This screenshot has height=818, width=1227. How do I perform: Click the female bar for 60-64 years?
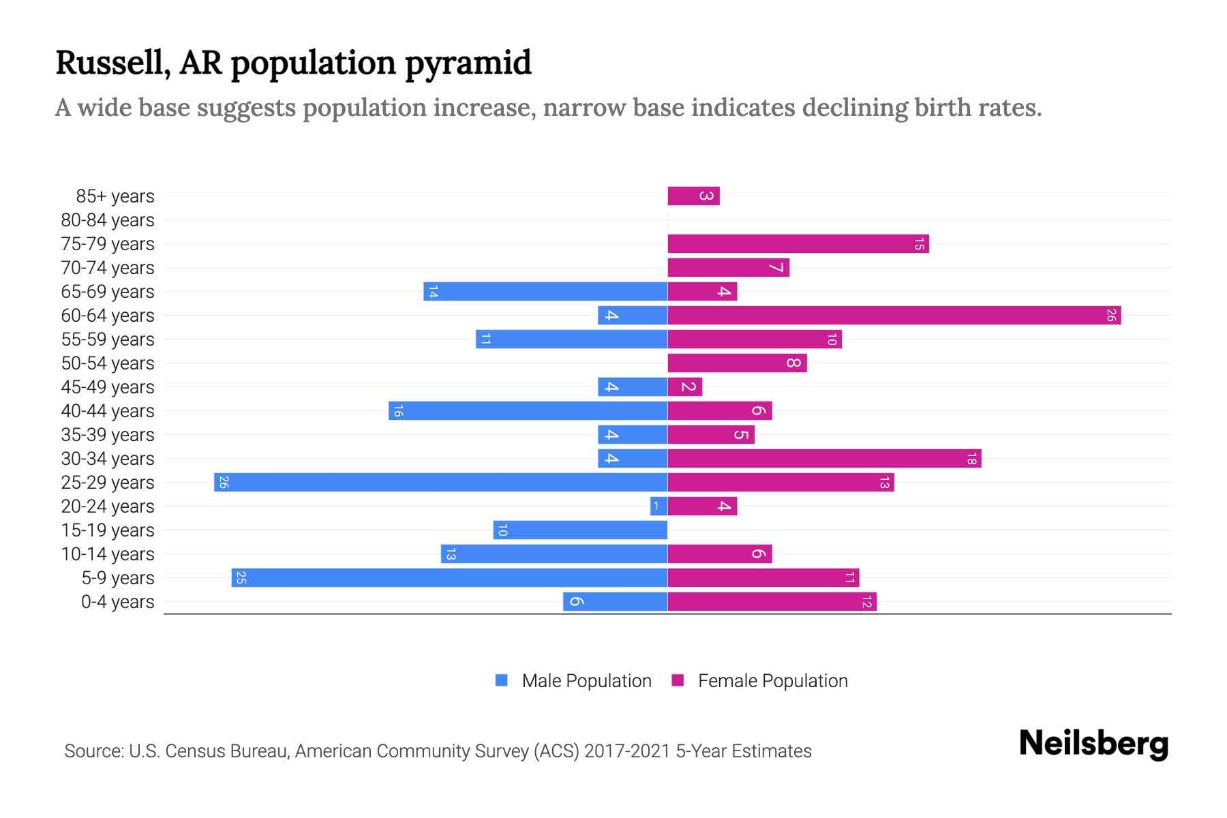point(894,316)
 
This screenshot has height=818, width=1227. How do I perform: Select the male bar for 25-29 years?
point(440,483)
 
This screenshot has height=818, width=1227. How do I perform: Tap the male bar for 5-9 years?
point(449,578)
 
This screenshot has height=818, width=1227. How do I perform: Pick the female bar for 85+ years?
point(693,196)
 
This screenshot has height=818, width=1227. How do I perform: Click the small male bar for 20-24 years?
point(658,506)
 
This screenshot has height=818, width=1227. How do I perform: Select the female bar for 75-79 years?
point(798,244)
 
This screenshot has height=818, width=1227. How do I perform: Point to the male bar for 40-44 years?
point(528,411)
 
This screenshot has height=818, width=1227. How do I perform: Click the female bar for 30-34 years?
point(823,459)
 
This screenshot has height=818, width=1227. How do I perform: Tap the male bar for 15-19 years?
point(580,530)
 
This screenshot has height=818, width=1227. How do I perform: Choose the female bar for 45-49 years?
point(684,387)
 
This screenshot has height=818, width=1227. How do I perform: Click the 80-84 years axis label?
point(108,220)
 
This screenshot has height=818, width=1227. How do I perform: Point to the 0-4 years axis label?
point(117,602)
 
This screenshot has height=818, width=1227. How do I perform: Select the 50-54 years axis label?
point(108,363)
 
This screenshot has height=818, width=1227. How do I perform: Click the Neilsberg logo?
point(1093,744)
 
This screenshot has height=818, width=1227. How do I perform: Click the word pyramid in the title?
point(468,63)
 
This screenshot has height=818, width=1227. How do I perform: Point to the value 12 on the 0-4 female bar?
point(866,602)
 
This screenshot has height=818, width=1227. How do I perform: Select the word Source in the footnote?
point(93,751)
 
